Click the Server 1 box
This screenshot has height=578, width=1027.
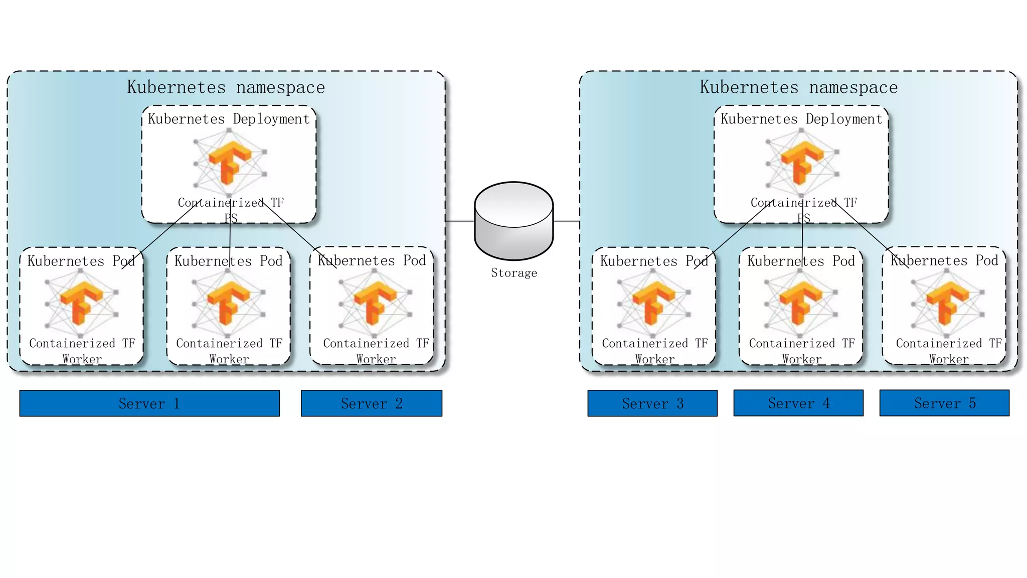(149, 403)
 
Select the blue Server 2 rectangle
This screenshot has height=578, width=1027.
(372, 403)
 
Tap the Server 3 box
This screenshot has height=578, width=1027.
(652, 403)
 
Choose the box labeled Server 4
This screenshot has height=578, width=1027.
(798, 403)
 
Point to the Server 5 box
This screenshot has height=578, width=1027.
(944, 403)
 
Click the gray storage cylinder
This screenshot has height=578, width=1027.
(513, 221)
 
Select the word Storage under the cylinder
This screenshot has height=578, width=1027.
(513, 273)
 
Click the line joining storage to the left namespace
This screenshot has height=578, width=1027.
(460, 221)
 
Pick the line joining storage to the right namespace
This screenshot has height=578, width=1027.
(567, 221)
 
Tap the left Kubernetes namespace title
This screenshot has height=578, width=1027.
(226, 87)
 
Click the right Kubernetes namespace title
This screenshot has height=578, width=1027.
(798, 87)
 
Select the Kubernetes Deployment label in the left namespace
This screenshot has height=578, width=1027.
(229, 119)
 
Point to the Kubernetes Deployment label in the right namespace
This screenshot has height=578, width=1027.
(801, 119)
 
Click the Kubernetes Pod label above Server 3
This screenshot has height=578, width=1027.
(654, 261)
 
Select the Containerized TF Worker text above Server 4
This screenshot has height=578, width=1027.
(801, 351)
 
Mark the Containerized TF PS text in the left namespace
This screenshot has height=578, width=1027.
(231, 210)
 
